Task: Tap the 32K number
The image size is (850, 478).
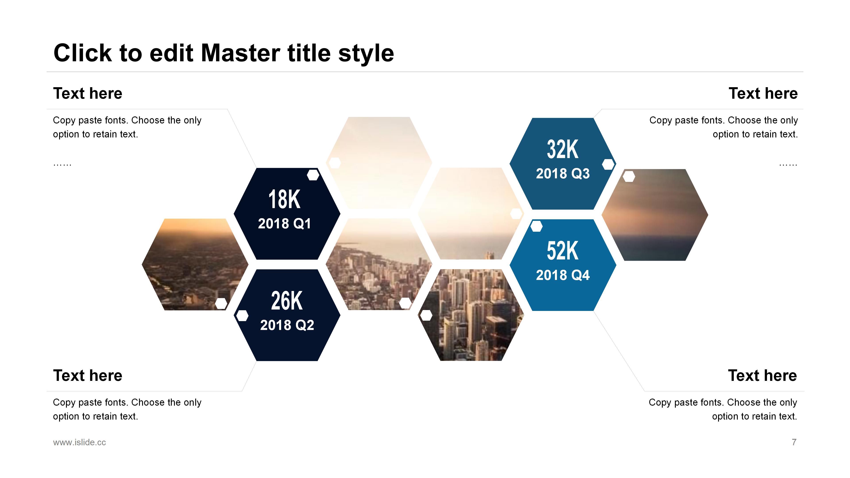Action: [x=563, y=149]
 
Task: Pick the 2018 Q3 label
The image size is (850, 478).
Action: [x=563, y=173]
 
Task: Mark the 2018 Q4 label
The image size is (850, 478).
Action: [x=563, y=275]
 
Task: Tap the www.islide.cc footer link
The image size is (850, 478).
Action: [x=79, y=442]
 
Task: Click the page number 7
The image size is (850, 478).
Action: [x=794, y=442]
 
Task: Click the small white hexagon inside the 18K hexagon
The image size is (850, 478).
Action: [x=313, y=175]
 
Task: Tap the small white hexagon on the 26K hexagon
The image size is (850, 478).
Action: [x=243, y=316]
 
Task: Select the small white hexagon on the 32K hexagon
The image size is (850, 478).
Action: [x=608, y=164]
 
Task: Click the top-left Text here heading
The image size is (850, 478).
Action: [x=88, y=93]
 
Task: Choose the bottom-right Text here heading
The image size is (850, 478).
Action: [x=763, y=375]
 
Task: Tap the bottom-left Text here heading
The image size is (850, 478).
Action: [x=88, y=375]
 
